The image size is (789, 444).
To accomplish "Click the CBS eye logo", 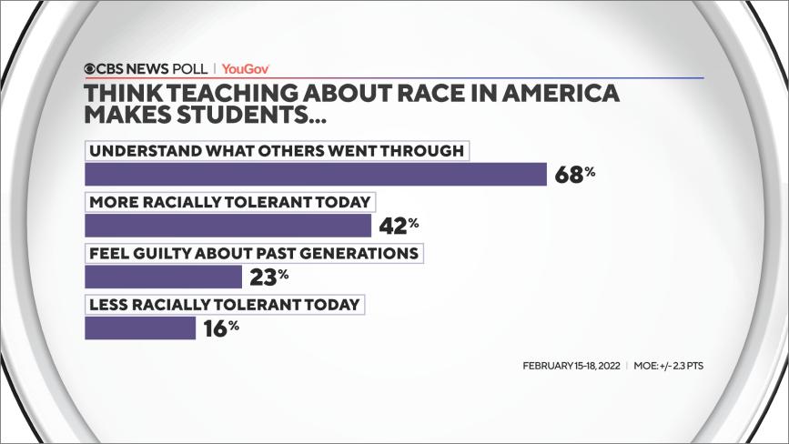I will [90, 68].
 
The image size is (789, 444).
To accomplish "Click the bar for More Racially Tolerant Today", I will [228, 225].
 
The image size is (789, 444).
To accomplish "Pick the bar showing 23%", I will [163, 276].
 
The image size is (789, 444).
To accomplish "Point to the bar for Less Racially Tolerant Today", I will [140, 328].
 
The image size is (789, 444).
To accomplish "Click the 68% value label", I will [574, 173].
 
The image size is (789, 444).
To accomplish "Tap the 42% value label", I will [400, 224].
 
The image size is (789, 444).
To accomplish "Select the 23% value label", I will [268, 275].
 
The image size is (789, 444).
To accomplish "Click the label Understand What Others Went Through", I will [276, 150].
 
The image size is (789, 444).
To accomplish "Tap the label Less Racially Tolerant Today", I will [224, 304].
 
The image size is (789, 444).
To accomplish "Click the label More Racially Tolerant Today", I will [231, 201].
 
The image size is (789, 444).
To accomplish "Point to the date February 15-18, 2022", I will [571, 366].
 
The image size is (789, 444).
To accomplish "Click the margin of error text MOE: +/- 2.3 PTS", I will [669, 366].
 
